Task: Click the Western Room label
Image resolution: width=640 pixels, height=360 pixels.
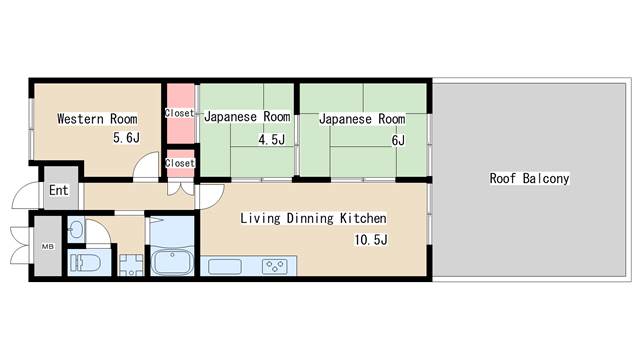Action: [x=97, y=119]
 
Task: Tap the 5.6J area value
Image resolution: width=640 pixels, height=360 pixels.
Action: [x=127, y=138]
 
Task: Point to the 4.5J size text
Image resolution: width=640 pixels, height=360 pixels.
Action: [x=271, y=140]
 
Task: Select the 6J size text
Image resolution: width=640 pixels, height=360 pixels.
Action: [x=398, y=140]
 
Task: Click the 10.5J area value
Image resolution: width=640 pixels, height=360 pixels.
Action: [x=371, y=240]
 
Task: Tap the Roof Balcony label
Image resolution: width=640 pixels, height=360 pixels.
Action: [x=529, y=178]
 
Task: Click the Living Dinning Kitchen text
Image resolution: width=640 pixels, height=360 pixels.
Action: [x=313, y=218]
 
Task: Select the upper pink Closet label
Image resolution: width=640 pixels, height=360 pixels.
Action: [x=179, y=113]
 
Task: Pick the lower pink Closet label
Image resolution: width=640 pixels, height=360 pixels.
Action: [x=180, y=163]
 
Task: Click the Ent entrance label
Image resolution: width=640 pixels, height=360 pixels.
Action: [x=59, y=190]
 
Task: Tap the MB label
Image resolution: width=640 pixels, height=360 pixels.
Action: [x=48, y=247]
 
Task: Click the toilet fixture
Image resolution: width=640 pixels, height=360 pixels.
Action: [x=85, y=263]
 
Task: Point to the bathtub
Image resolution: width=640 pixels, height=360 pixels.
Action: [x=172, y=262]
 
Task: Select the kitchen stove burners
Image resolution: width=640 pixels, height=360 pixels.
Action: [x=274, y=267]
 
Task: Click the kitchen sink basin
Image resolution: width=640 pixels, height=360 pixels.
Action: [x=225, y=267]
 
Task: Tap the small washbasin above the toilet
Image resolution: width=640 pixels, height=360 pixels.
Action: [x=76, y=231]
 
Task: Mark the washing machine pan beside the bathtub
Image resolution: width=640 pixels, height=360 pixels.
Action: [x=131, y=265]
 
